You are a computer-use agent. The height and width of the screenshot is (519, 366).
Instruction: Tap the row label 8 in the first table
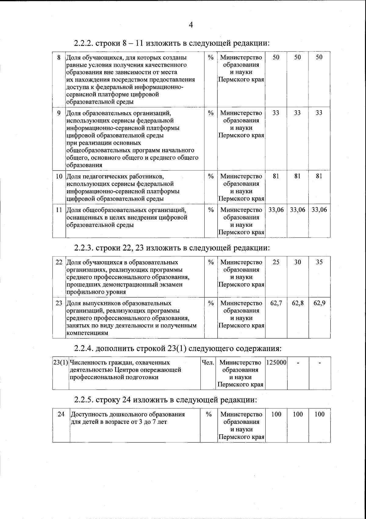59,57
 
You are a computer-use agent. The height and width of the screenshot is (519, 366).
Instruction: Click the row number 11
59,210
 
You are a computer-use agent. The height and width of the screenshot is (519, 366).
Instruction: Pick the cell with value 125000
276,363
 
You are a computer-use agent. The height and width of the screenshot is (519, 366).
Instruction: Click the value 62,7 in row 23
276,303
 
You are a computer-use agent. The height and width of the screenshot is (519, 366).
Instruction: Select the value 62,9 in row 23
319,303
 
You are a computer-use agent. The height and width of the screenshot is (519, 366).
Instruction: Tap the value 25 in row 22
276,262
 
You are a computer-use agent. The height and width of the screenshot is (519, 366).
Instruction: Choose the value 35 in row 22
319,262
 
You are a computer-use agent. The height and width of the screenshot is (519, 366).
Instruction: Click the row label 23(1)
60,363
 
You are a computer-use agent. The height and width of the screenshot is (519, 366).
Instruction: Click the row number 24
61,414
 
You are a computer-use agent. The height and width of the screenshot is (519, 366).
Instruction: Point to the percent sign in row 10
210,176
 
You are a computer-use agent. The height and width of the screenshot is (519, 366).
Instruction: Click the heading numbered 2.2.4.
178,348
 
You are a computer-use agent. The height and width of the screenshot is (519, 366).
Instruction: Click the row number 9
59,113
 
